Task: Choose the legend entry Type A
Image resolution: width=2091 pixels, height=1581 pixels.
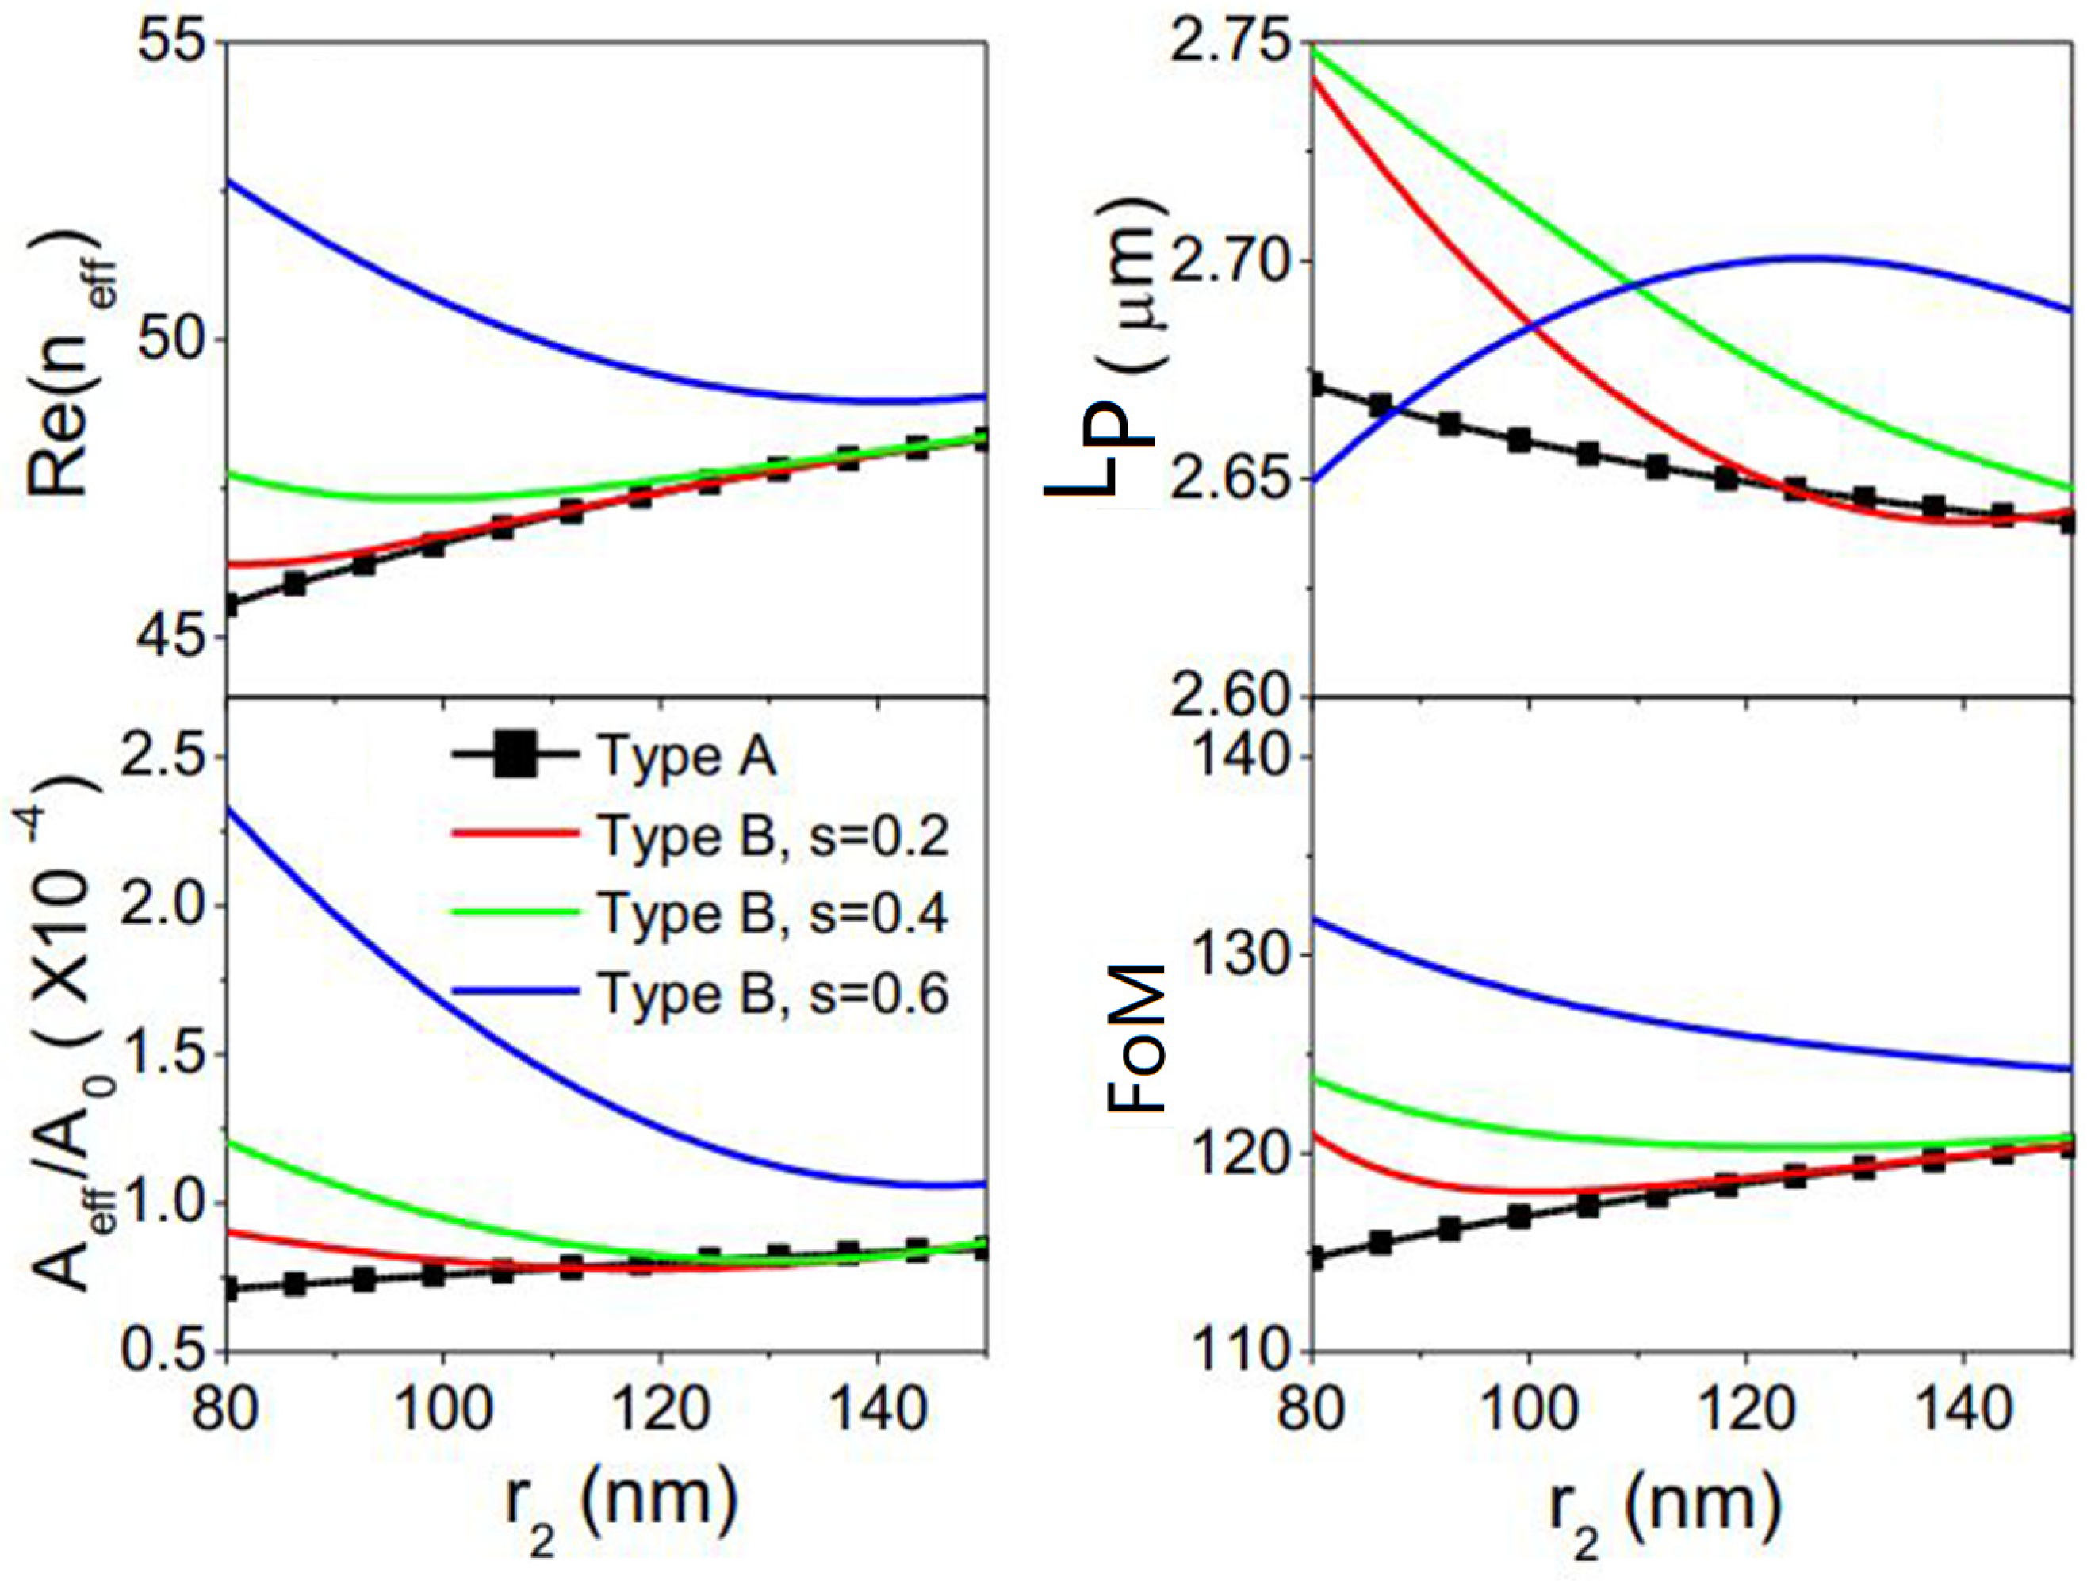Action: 686,757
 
